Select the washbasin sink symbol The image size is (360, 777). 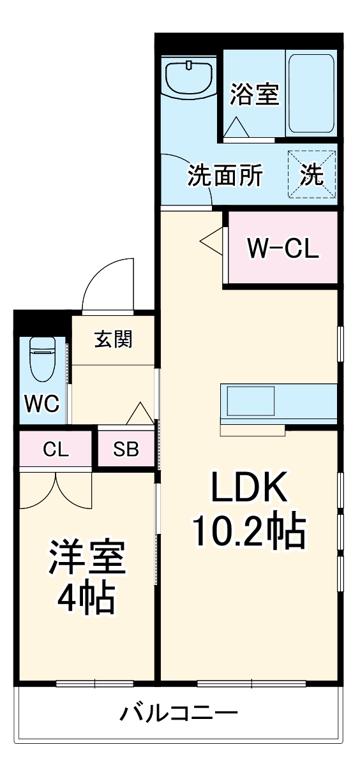(x=189, y=78)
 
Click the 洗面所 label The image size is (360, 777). (x=225, y=175)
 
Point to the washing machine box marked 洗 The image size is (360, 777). (x=311, y=174)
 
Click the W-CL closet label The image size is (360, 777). (x=283, y=248)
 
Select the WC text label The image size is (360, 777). (x=41, y=403)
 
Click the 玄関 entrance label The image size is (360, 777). (x=114, y=339)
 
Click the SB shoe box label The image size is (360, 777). (x=126, y=450)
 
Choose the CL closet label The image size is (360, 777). (x=56, y=450)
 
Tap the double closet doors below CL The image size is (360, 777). (x=56, y=490)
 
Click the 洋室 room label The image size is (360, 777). (x=86, y=559)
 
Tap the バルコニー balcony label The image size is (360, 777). (x=179, y=713)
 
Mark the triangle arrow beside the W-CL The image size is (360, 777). (x=211, y=241)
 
